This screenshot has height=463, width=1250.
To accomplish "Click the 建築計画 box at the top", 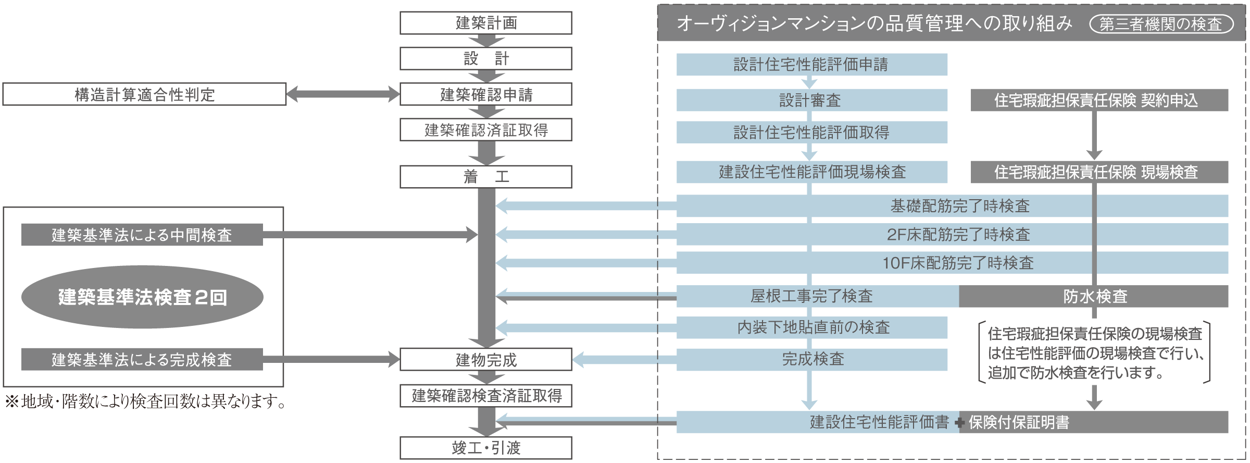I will point(485,23).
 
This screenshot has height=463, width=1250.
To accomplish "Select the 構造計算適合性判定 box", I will point(144,95).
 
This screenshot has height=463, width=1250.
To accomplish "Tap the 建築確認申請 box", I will point(485,95).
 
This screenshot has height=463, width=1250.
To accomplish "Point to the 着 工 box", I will point(485,177).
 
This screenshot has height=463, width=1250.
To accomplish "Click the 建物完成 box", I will point(485,360).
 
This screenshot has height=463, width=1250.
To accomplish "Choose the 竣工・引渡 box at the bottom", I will point(485,448).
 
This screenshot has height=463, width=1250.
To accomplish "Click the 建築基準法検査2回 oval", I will point(142,297).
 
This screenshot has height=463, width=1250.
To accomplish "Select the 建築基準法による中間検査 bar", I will point(142,235).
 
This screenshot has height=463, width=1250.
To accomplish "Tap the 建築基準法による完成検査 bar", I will point(142,360).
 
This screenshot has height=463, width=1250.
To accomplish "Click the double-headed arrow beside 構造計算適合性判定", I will point(343,94).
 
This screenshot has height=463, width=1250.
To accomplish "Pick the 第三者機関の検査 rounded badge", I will point(1160,24).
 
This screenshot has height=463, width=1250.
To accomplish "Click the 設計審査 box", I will point(811,100).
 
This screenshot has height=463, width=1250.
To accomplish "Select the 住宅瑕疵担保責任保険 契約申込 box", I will point(1099,100).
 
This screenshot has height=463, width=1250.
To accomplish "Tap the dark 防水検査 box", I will point(1094,297).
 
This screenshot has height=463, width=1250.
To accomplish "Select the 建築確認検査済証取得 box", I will point(485,396).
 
